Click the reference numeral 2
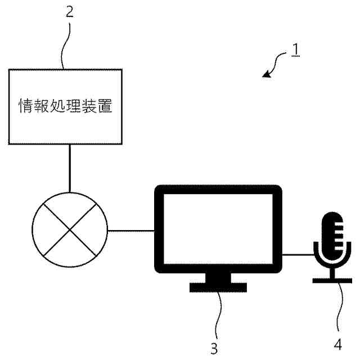(x=69, y=12)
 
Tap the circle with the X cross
(x=69, y=229)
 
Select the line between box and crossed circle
(x=69, y=169)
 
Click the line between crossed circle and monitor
(x=130, y=229)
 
